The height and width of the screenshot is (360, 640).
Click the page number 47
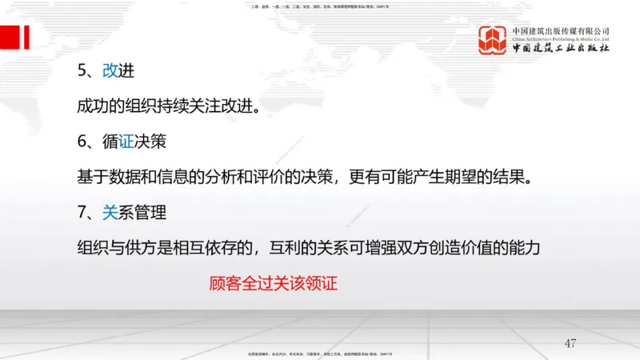(x=570, y=343)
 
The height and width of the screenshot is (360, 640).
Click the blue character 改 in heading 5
(x=110, y=70)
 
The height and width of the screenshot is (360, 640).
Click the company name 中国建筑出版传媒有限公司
(x=561, y=30)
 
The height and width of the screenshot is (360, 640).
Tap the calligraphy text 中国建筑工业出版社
(x=561, y=49)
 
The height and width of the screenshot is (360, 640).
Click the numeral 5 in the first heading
(x=81, y=70)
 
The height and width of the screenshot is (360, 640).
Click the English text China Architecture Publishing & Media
(x=561, y=38)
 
